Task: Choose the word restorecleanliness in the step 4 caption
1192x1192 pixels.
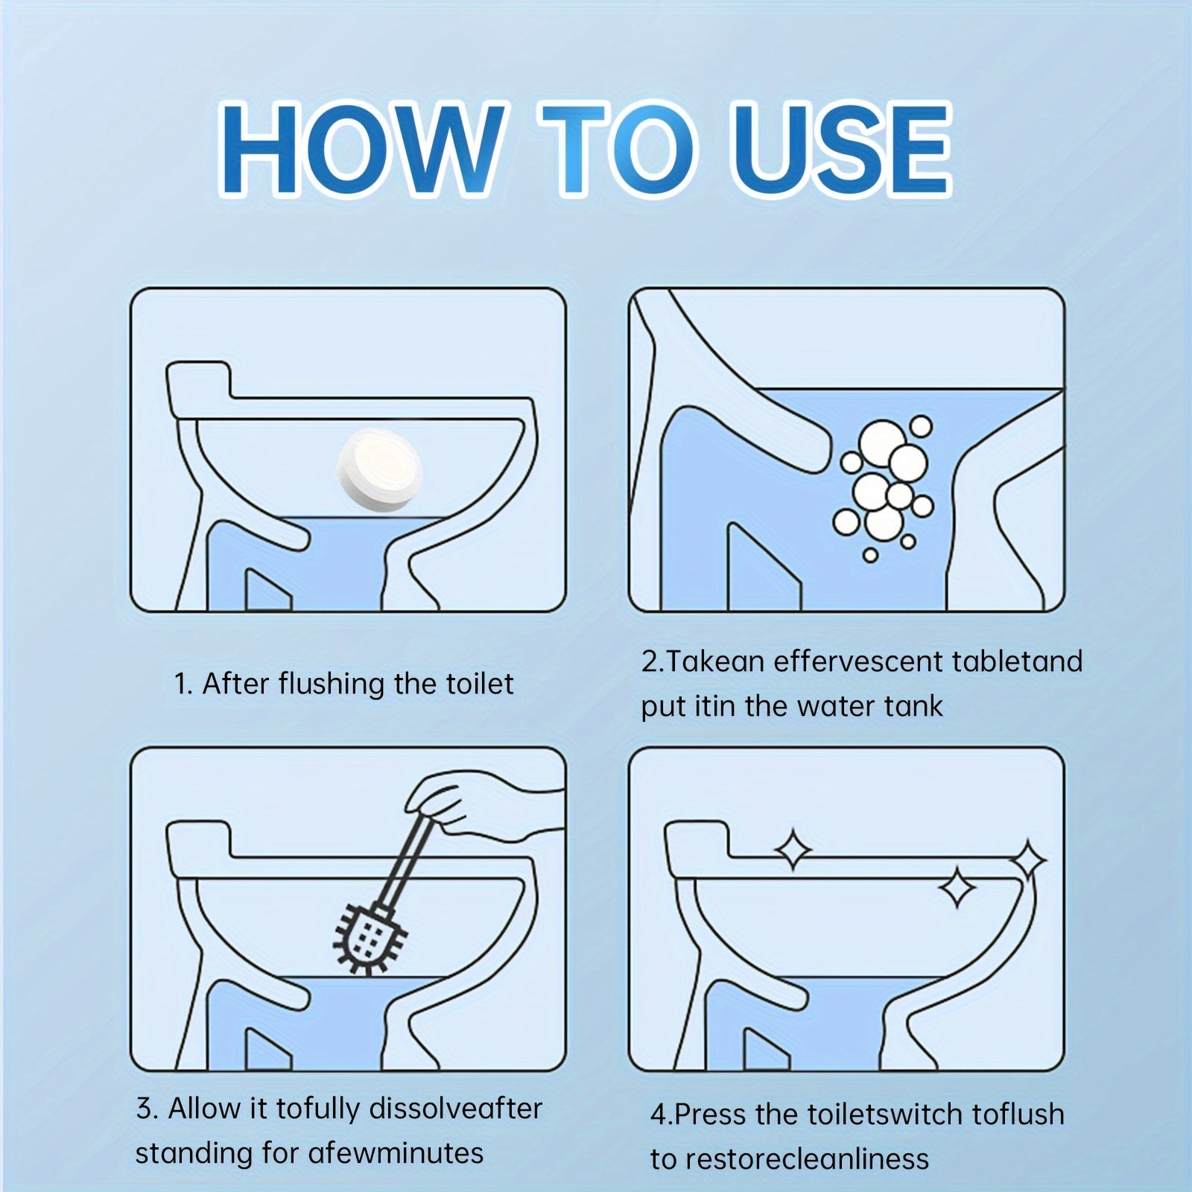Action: [x=806, y=1159]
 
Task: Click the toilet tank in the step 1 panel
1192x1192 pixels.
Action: [x=197, y=380]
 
